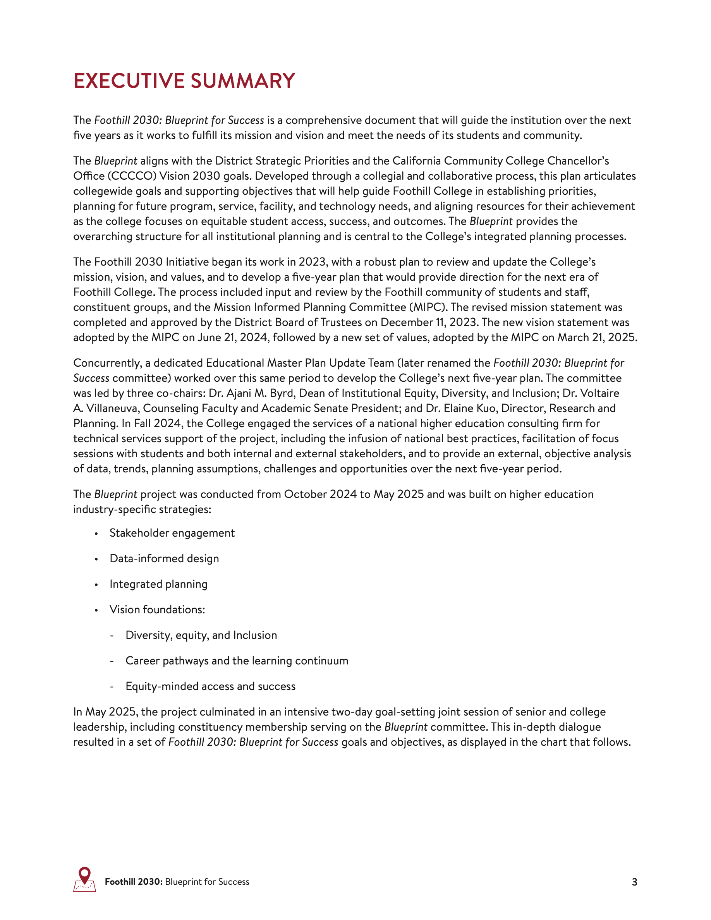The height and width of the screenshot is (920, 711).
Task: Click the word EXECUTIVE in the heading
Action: pos(129,81)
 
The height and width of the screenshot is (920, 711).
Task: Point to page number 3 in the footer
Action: pos(634,882)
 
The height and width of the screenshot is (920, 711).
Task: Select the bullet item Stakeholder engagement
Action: pos(172,533)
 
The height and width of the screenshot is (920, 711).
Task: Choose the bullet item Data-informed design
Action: pos(164,559)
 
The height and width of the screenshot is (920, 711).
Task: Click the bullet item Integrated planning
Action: pos(158,584)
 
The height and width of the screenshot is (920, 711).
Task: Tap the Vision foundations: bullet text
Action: pos(157,609)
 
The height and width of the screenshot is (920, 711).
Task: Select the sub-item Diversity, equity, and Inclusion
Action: pos(201,635)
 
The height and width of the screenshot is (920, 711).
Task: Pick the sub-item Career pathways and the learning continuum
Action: pos(237,661)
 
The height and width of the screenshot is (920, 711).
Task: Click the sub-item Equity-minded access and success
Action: pos(210,686)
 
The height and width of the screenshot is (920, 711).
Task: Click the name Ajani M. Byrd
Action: pos(256,393)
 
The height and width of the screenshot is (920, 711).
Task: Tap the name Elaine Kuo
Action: pos(470,408)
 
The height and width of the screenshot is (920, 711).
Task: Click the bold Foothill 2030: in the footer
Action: pos(134,882)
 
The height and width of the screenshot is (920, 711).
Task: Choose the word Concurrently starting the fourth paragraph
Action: pos(106,363)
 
